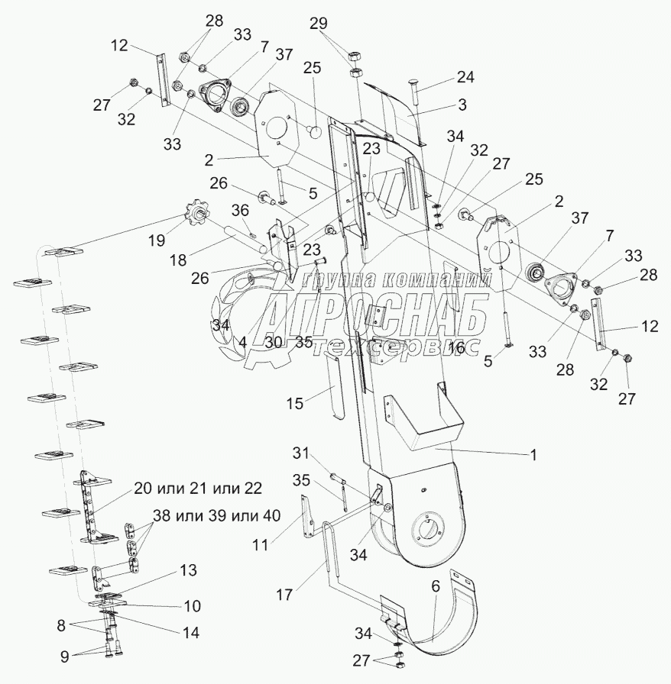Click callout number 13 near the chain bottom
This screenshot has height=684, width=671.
point(188,570)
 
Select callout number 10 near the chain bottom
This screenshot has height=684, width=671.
point(192,606)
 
